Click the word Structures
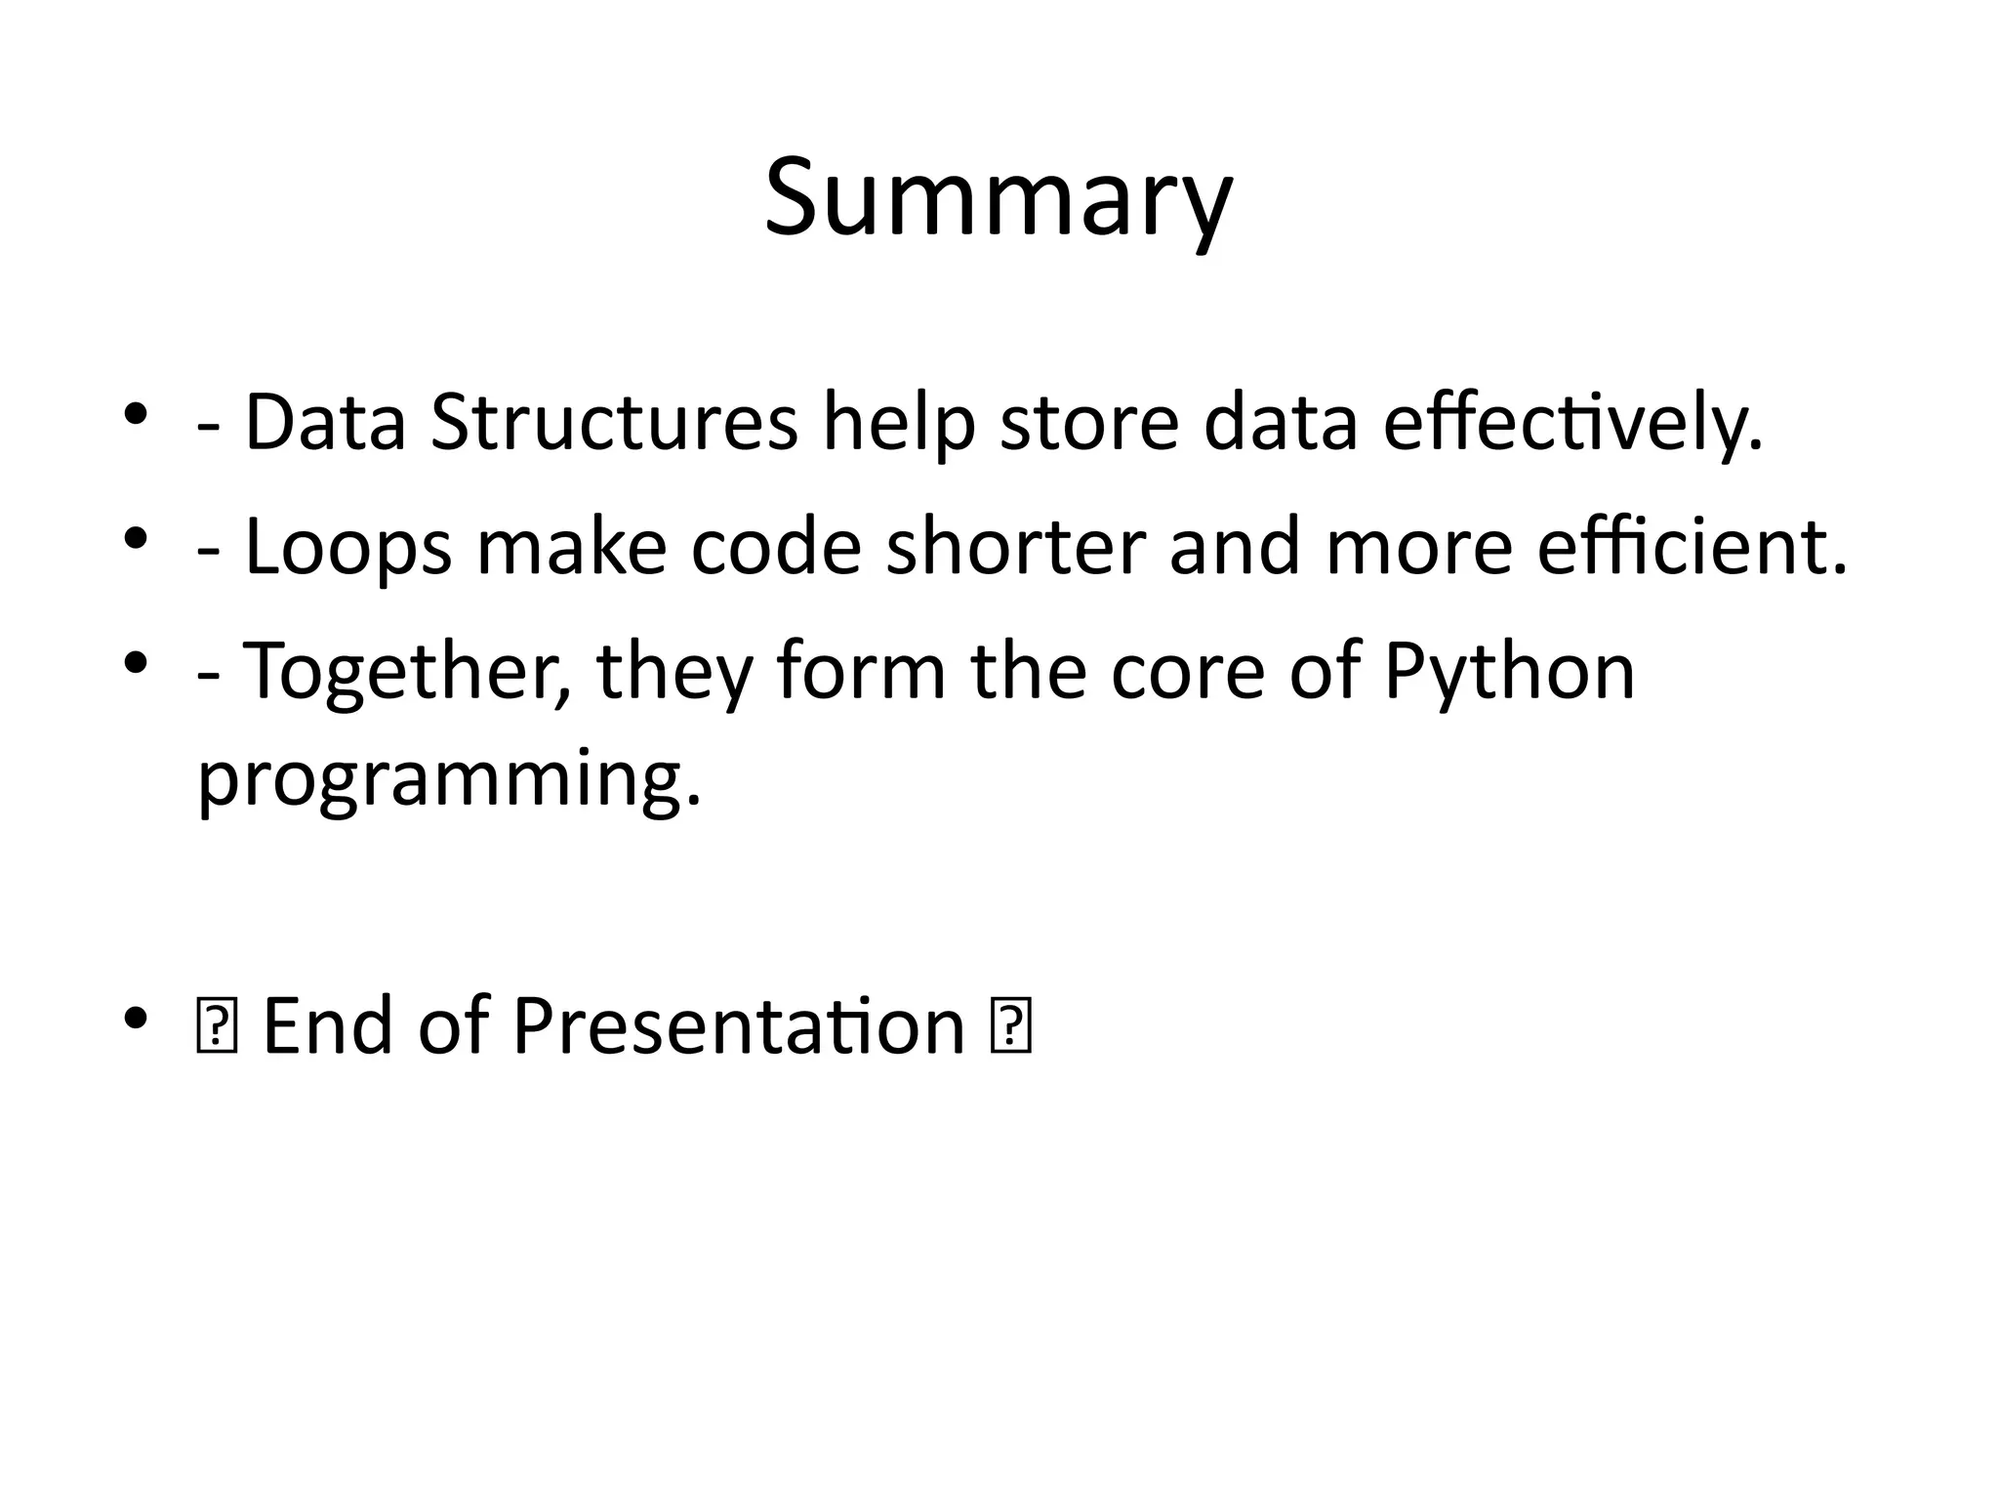click(614, 423)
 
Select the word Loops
click(347, 548)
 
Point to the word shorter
click(1015, 547)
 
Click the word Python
click(1509, 672)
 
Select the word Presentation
click(739, 1026)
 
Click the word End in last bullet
click(327, 1026)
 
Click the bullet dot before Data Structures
click(136, 415)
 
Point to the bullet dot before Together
click(136, 663)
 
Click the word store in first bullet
click(1089, 423)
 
